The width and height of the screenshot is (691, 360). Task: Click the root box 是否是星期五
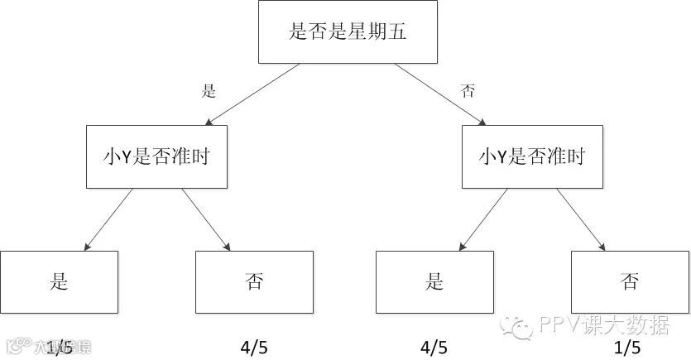point(348,32)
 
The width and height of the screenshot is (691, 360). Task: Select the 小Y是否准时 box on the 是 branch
point(157,156)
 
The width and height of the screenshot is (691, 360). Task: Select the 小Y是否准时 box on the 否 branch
point(532,156)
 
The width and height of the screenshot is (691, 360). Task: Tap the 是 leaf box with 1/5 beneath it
point(59,281)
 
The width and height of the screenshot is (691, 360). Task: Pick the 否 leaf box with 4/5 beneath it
point(254,281)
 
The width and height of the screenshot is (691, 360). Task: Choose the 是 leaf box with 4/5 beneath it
point(434,281)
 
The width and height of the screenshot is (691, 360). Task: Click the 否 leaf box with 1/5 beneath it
point(630,281)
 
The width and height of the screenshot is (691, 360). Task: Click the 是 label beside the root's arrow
point(209,91)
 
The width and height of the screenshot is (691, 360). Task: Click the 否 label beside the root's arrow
point(468,91)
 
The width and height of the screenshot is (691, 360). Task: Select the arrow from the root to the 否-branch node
point(439,95)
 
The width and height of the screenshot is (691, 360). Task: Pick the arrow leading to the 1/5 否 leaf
point(581,218)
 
